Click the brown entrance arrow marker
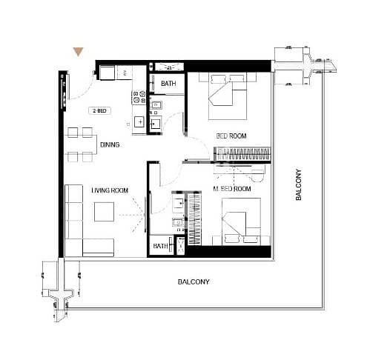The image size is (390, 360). point(77,52)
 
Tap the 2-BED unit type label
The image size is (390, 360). point(98,110)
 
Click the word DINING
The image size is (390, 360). point(110,144)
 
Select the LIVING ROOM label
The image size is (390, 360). point(110,190)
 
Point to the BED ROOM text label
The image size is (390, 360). point(231,136)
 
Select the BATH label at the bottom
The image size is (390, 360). point(160,246)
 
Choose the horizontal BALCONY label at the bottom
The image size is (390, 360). point(193,281)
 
